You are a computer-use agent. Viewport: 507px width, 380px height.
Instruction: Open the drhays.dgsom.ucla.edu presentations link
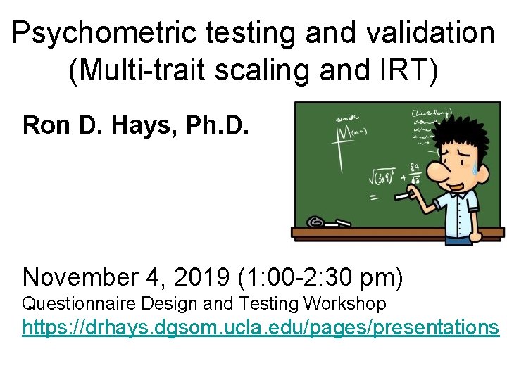[x=261, y=328]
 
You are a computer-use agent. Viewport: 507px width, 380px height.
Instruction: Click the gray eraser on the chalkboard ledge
[x=316, y=223]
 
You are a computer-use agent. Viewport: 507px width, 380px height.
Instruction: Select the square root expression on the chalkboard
[x=384, y=175]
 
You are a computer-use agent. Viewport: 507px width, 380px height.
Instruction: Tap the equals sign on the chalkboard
[x=373, y=198]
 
